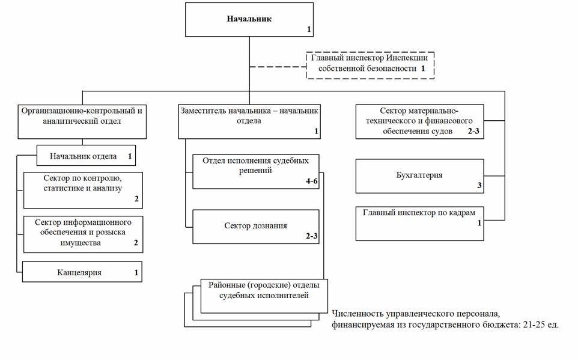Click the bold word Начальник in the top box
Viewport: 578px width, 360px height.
click(x=249, y=19)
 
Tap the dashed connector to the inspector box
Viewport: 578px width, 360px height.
click(x=278, y=67)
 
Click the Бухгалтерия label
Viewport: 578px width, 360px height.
click(x=419, y=175)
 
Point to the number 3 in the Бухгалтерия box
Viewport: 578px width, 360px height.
click(x=479, y=185)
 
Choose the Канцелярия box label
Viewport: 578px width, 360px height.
click(x=79, y=273)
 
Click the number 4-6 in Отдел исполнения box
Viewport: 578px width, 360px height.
click(x=311, y=181)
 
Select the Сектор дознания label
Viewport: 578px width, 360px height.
click(x=255, y=226)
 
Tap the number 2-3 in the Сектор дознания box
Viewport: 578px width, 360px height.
click(x=311, y=236)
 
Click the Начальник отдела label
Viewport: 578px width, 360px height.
click(x=83, y=156)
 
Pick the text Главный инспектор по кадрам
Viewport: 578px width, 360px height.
click(x=419, y=213)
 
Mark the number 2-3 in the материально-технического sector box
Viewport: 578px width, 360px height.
click(x=473, y=131)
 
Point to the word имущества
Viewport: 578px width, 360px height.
click(x=80, y=243)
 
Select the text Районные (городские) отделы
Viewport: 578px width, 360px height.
click(x=264, y=285)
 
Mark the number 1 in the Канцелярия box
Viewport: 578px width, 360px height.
click(x=136, y=273)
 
